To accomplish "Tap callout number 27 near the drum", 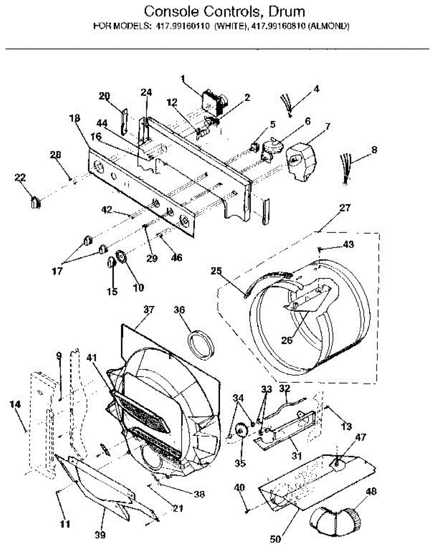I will (x=345, y=209).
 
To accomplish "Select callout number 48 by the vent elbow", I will (x=371, y=492).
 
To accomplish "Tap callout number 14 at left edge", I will (x=15, y=404).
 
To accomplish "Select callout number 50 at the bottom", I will (x=275, y=539).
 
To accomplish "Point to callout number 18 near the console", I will (x=75, y=118).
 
